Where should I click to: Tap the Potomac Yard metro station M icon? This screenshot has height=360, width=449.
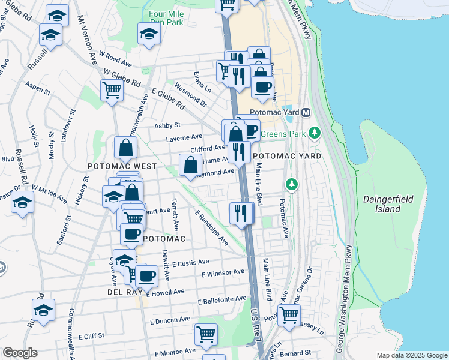pyautogui.click(x=306, y=113)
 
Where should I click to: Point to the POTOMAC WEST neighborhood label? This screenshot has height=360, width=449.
pyautogui.click(x=122, y=166)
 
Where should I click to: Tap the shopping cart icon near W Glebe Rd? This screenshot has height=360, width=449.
pyautogui.click(x=112, y=91)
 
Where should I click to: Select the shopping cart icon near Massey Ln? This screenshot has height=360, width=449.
pyautogui.click(x=289, y=315)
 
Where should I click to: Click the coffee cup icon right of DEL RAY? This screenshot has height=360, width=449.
pyautogui.click(x=146, y=277)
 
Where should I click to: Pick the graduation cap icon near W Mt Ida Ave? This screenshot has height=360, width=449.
pyautogui.click(x=22, y=203)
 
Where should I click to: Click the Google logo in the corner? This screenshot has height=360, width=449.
pyautogui.click(x=20, y=353)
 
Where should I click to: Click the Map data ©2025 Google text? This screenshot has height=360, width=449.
pyautogui.click(x=411, y=355)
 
